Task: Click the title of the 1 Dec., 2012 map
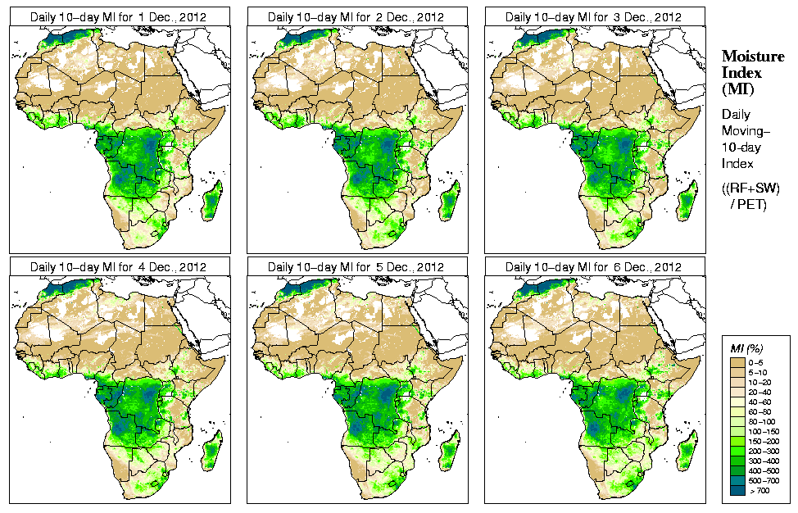coord(118,16)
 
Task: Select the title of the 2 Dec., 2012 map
coord(356,16)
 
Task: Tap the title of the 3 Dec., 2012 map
coord(593,16)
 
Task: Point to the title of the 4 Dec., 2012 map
coord(118,267)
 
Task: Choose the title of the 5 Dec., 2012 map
coord(356,267)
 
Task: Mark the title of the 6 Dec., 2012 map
coord(593,267)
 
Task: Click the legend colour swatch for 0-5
coord(737,361)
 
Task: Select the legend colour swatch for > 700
coord(737,489)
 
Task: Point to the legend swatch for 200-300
coord(737,450)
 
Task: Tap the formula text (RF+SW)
coord(750,188)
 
